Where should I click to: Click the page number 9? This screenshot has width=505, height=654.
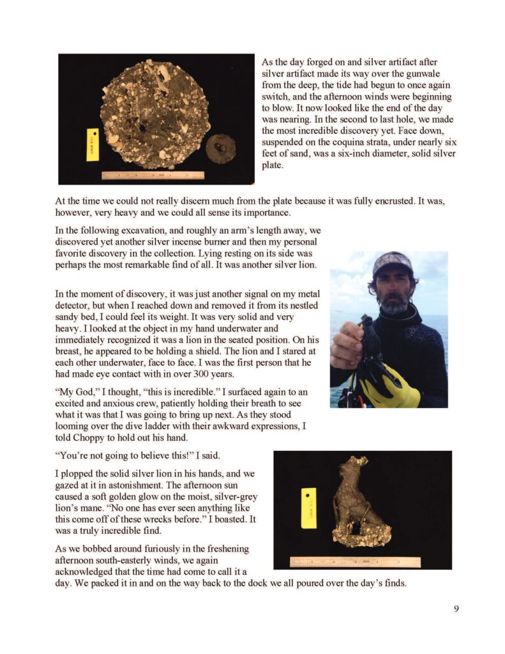tap(456, 609)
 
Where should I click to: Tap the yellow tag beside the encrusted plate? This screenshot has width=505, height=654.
tap(93, 144)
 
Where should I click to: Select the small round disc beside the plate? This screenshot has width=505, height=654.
tap(220, 148)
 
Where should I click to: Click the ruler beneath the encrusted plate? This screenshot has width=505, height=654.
tap(153, 175)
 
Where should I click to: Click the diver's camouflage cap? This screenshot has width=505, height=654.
tap(392, 262)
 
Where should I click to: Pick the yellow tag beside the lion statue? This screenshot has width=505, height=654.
tap(309, 508)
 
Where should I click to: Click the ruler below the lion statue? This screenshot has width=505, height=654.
tap(355, 562)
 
